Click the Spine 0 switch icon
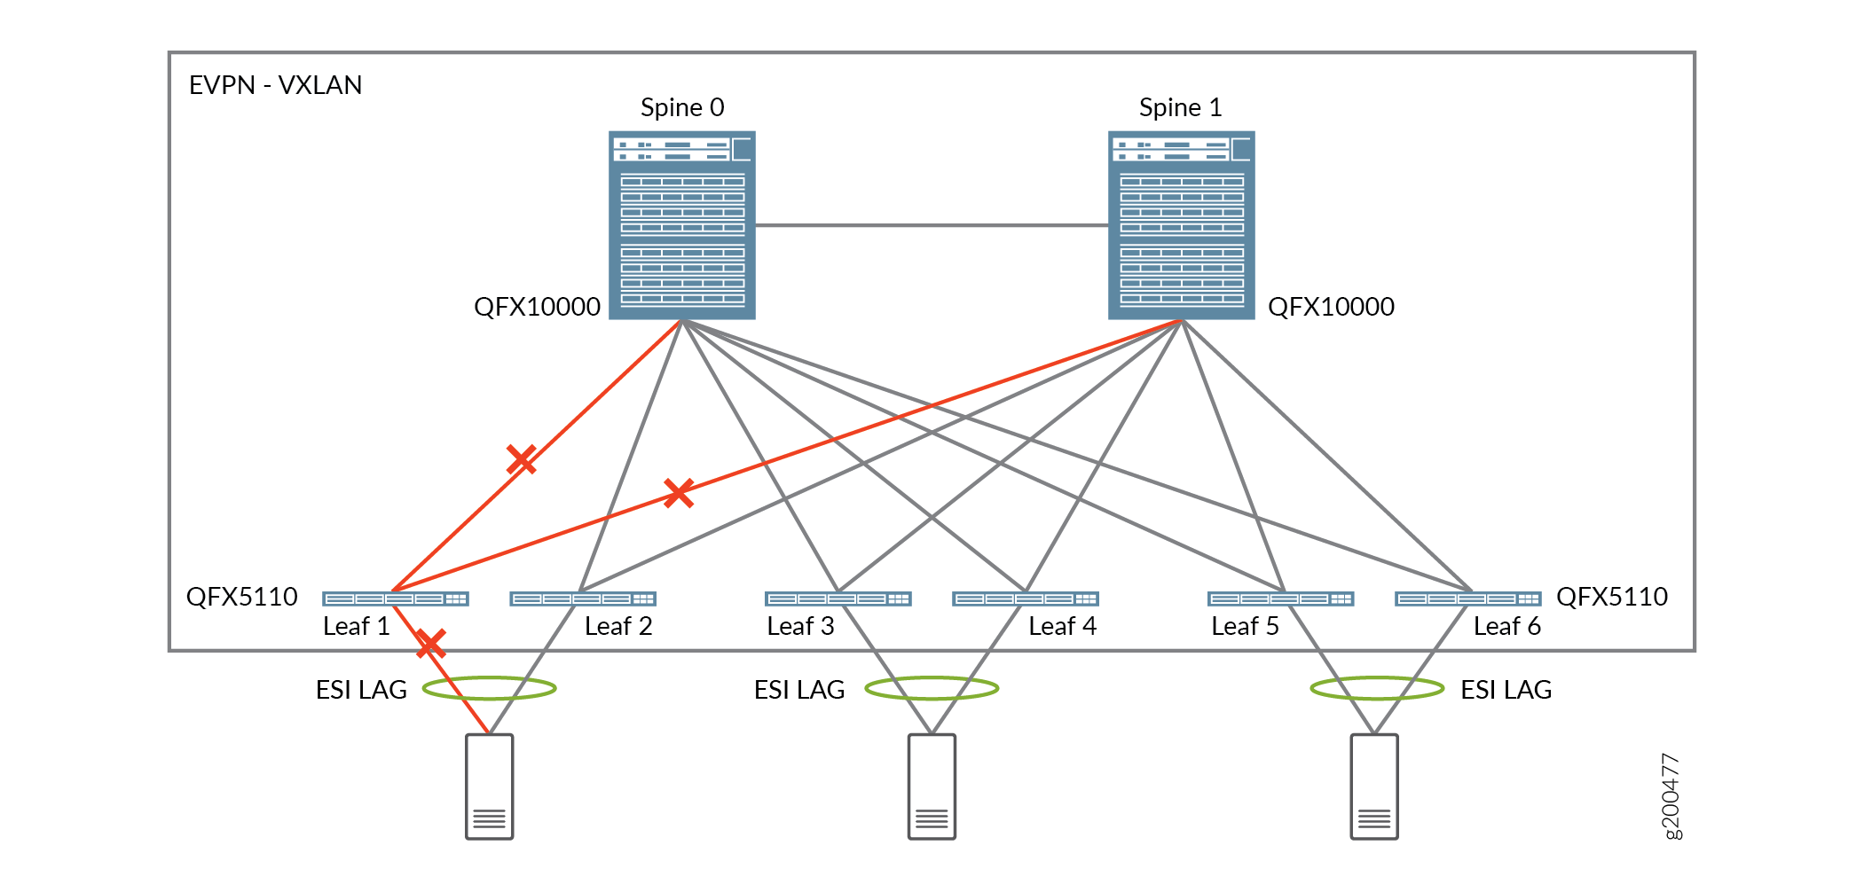pos(681,225)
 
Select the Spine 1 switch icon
pos(1181,225)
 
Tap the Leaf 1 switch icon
pos(395,599)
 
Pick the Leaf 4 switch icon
pos(1025,599)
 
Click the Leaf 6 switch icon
pos(1467,599)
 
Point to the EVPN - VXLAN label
pos(275,85)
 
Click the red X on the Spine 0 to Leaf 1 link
pos(521,459)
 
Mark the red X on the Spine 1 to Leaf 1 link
pos(679,493)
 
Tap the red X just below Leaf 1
pos(430,644)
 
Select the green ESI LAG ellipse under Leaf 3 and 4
pos(932,688)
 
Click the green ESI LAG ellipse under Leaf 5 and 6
pos(1377,688)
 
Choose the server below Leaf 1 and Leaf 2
pos(489,786)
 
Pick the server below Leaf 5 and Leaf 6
pos(1373,786)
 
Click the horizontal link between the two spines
pos(932,225)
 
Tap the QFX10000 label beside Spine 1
pos(1331,307)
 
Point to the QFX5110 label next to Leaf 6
pos(1611,597)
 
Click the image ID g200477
pos(1671,795)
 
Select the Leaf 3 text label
pos(800,627)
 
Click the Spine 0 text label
pos(682,108)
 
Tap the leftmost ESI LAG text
pos(361,690)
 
